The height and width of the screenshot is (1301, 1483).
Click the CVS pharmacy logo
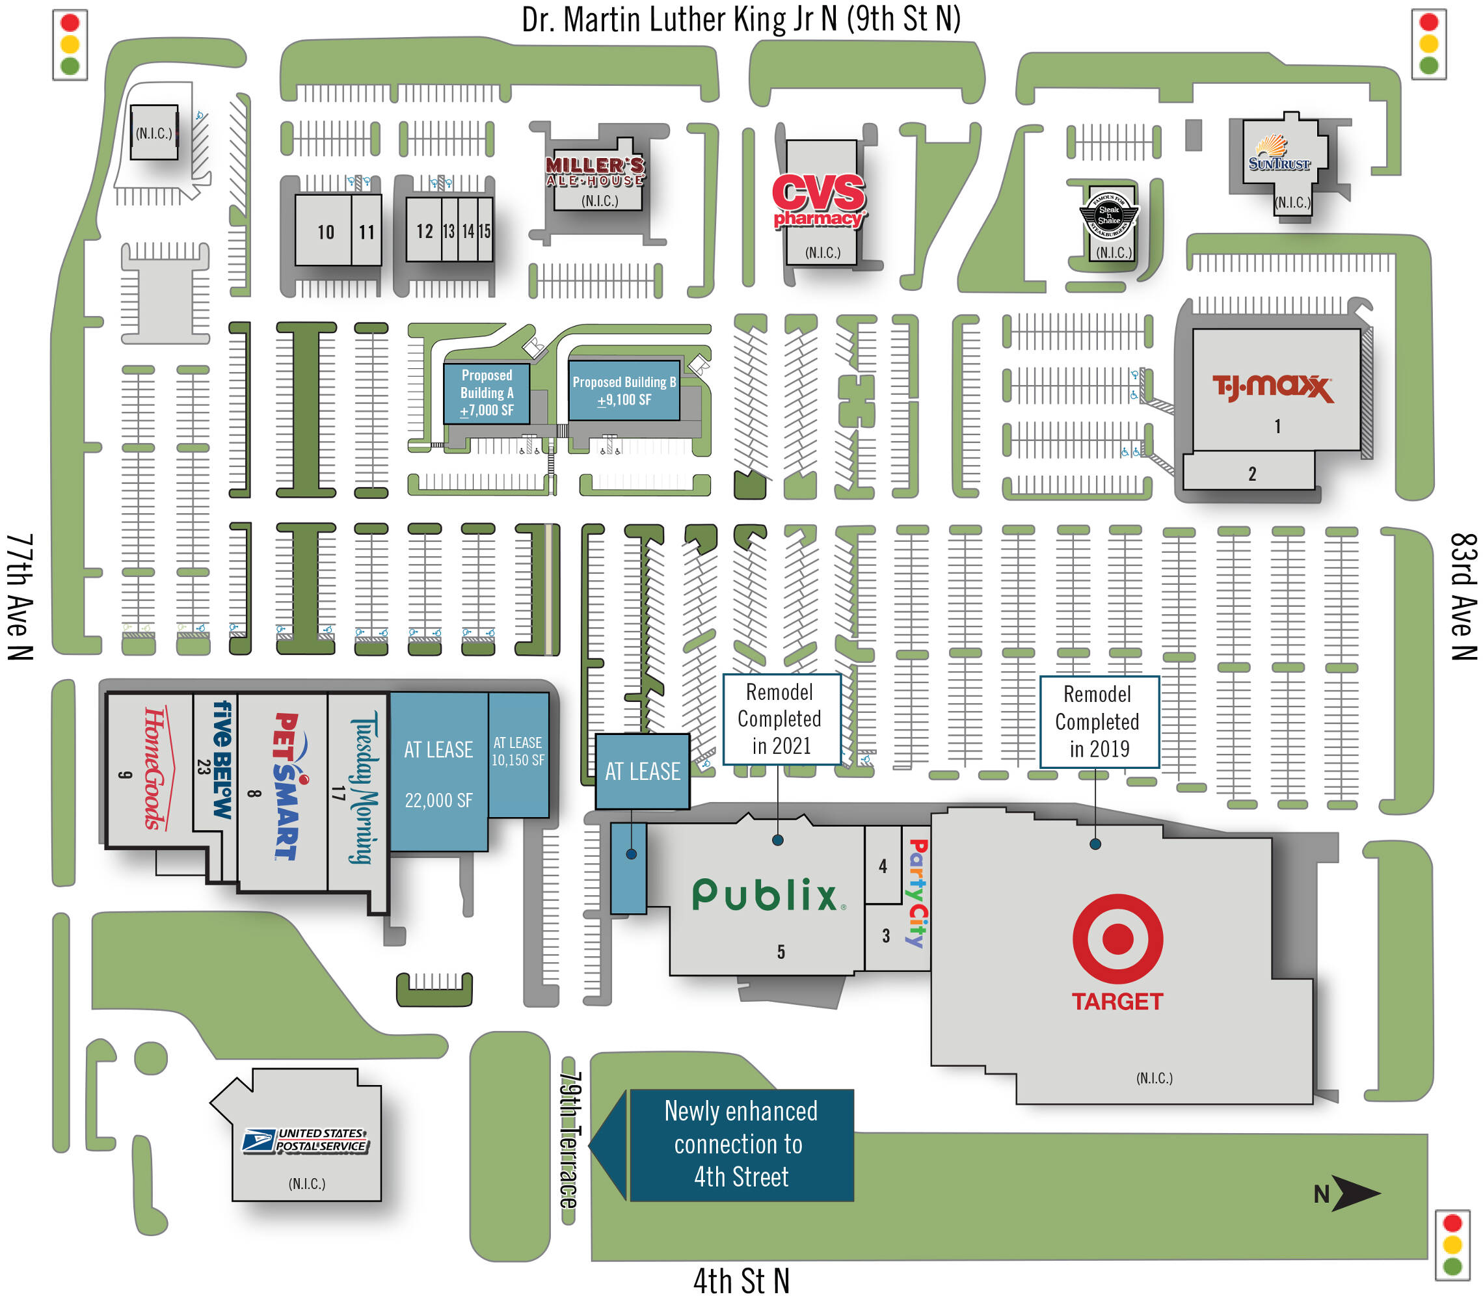click(x=818, y=200)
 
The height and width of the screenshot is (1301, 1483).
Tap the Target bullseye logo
click(x=1117, y=937)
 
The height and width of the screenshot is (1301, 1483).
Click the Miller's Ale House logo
click(x=595, y=171)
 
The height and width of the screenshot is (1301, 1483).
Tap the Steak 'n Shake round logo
click(x=1108, y=215)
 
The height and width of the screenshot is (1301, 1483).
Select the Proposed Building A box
click(x=487, y=392)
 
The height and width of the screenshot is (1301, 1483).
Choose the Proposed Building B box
click(x=624, y=390)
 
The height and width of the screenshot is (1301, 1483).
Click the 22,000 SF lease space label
click(x=438, y=799)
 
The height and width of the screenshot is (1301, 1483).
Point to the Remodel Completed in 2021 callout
click(x=781, y=718)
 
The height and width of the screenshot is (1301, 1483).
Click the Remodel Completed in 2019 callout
click(x=1098, y=721)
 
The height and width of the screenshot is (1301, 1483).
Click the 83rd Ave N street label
click(x=1463, y=596)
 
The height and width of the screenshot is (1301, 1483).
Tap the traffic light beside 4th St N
click(x=1452, y=1244)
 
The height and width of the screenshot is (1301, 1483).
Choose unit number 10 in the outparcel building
click(x=326, y=232)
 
